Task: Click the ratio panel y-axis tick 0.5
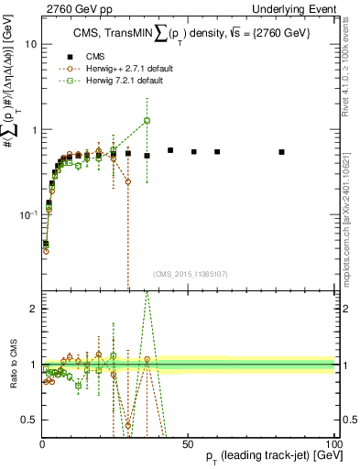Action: click(x=30, y=420)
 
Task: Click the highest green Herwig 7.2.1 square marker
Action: click(x=147, y=121)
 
